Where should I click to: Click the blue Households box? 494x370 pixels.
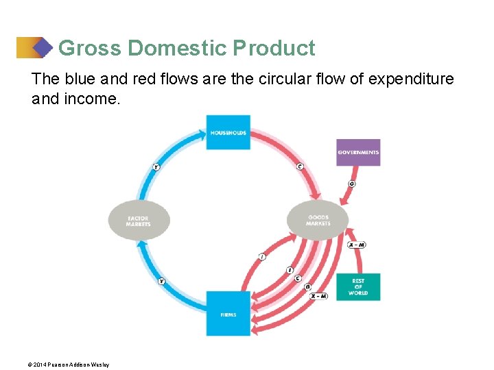click(x=228, y=132)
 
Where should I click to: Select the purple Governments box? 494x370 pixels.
click(x=358, y=152)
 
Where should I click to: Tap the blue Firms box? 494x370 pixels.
click(x=228, y=314)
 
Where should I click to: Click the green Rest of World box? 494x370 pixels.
click(x=358, y=287)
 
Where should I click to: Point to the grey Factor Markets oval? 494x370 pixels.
click(x=139, y=220)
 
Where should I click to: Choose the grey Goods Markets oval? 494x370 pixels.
click(x=318, y=220)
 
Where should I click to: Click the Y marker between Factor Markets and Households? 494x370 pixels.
click(x=156, y=166)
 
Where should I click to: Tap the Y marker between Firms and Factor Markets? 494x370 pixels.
click(x=162, y=281)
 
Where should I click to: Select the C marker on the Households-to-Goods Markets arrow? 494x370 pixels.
click(x=300, y=166)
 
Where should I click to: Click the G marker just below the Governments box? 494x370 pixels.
click(x=352, y=184)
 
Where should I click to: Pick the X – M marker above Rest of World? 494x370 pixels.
click(x=357, y=245)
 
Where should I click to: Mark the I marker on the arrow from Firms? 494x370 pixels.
click(x=262, y=256)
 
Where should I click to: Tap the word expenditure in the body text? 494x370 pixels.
click(x=411, y=79)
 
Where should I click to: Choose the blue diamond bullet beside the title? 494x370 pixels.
click(x=43, y=48)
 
